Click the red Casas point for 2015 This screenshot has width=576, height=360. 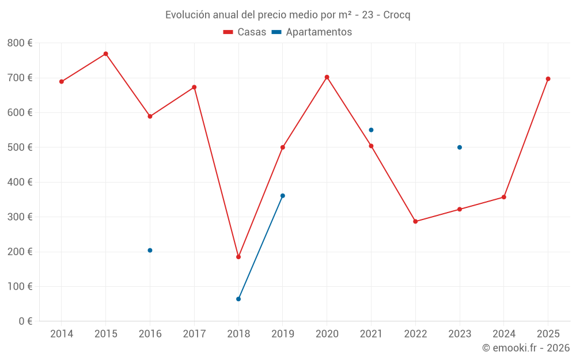point(106,54)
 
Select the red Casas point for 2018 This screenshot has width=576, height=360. point(238,257)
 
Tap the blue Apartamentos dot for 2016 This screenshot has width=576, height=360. point(150,251)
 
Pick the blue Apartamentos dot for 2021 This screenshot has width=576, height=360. point(371,130)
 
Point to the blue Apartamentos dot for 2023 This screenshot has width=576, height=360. point(460,147)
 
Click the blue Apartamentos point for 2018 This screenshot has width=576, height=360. point(238,299)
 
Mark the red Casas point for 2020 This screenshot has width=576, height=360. point(327,77)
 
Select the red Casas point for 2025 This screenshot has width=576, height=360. point(548,79)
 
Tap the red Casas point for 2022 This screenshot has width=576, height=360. point(415,222)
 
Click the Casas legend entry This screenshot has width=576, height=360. point(245,32)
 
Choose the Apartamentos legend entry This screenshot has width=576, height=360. point(312,32)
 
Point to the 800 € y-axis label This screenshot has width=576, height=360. point(20,43)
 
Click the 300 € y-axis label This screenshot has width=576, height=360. point(20,217)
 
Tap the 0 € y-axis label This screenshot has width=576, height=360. point(25,321)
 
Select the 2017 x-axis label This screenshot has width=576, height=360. point(194,334)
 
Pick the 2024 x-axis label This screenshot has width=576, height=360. point(503,334)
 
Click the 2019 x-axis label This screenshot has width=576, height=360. point(282,334)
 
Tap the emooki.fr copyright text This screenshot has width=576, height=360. point(525,348)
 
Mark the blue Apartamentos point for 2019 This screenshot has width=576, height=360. point(282,196)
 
